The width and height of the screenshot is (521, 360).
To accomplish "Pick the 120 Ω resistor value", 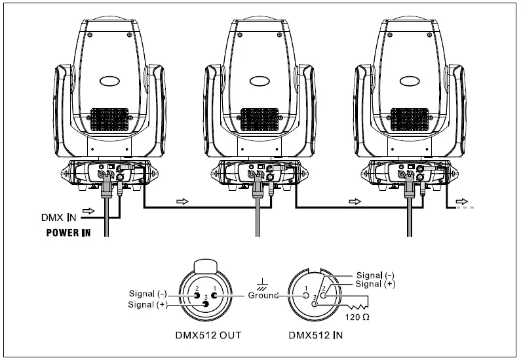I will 357,317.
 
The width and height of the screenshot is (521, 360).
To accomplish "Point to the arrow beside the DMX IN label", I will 90,210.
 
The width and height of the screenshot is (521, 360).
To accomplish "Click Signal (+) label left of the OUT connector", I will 150,304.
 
